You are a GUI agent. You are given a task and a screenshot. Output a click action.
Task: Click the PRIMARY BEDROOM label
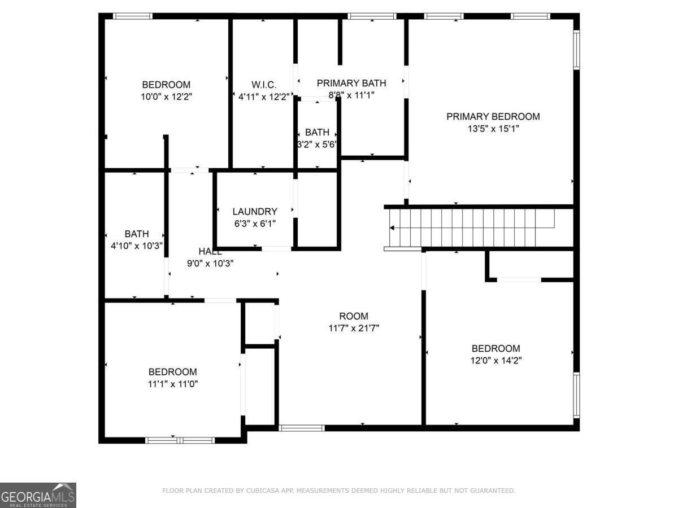493,117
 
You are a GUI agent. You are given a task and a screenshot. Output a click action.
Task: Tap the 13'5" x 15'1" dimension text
493,129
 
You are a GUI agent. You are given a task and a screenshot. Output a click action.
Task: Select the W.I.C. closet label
263,85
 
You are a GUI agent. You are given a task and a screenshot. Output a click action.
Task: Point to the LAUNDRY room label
255,212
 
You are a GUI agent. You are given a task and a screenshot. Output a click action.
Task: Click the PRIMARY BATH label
351,84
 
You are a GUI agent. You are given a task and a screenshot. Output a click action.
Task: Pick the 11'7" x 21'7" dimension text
354,328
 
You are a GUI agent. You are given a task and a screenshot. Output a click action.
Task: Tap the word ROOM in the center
354,316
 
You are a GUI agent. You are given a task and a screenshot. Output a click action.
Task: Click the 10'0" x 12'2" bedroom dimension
166,97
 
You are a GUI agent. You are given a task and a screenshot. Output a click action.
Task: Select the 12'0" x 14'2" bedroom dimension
496,360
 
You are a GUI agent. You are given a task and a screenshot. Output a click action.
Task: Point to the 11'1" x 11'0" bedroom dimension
172,384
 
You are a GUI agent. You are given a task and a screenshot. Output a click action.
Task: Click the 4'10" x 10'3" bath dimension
136,246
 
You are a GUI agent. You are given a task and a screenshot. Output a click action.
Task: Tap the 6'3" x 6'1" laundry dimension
255,224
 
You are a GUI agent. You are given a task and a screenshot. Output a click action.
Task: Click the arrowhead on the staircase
392,228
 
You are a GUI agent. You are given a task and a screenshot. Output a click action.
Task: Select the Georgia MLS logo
38,495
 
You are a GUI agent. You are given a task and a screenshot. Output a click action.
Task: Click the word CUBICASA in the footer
262,491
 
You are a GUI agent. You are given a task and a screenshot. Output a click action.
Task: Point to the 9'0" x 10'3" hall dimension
210,263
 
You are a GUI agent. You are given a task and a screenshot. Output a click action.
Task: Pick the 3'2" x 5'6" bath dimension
317,144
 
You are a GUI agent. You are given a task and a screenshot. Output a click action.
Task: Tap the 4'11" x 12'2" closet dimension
263,97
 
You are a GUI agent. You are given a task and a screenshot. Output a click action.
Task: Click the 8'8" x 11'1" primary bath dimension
351,95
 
